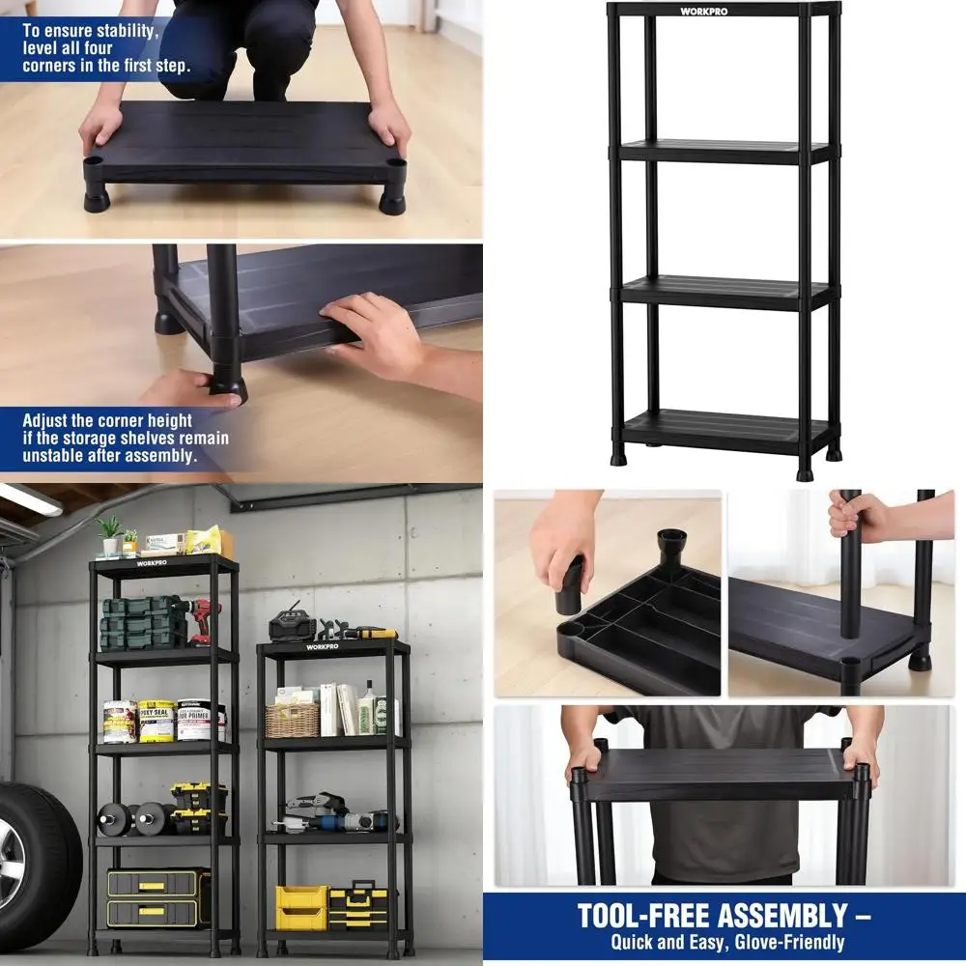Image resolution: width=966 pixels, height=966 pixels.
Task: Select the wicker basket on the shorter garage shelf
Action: (292, 719)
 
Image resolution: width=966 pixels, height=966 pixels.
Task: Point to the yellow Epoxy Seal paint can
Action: (156, 721)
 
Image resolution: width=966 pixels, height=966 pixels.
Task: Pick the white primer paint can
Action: (198, 721)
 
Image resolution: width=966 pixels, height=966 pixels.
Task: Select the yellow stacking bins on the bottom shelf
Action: (301, 907)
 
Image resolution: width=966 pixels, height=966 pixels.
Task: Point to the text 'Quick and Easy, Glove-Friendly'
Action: (726, 943)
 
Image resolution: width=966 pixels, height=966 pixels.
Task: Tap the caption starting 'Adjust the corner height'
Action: (126, 438)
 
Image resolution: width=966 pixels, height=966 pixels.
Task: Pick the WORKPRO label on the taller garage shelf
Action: (152, 563)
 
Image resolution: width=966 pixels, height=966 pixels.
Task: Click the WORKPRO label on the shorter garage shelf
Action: (323, 646)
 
